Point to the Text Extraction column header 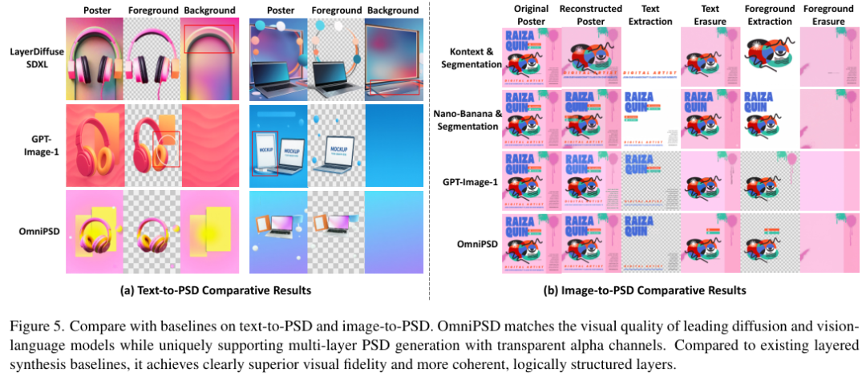(650, 15)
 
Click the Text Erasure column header (710, 15)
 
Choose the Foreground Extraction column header (769, 15)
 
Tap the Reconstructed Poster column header (591, 15)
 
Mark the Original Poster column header (531, 15)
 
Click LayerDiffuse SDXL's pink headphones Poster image (95, 59)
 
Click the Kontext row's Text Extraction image (650, 58)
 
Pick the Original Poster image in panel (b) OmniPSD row (531, 243)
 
